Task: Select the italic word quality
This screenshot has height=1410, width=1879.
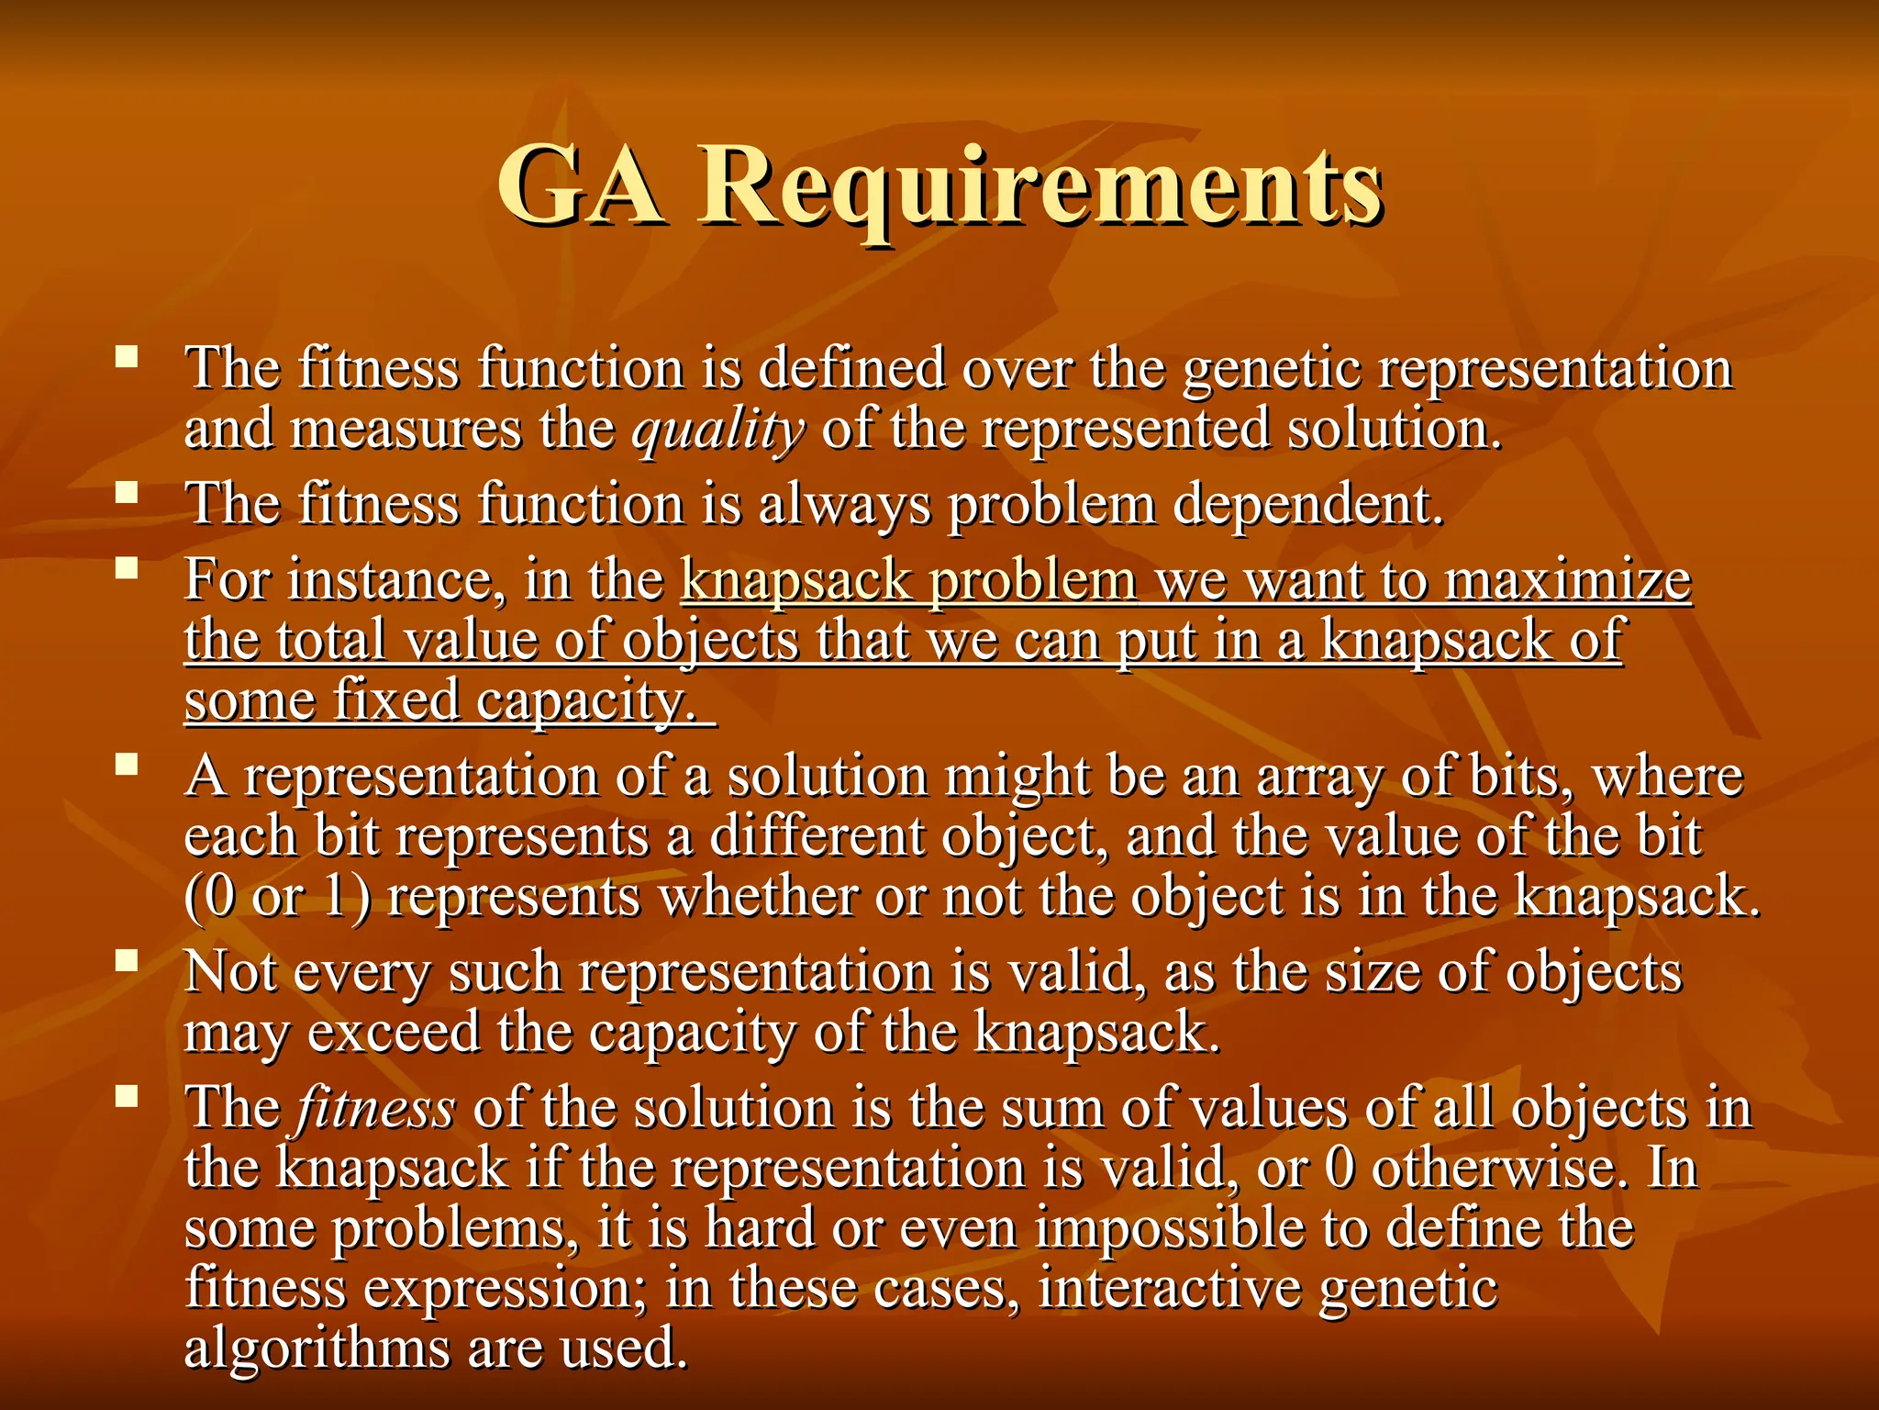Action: tap(718, 431)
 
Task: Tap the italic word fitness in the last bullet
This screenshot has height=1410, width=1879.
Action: tap(375, 1107)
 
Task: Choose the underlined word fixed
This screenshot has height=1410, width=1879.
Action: tap(395, 700)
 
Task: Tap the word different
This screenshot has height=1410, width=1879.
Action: tap(817, 837)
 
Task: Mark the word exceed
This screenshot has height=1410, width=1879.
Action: tap(394, 1033)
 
